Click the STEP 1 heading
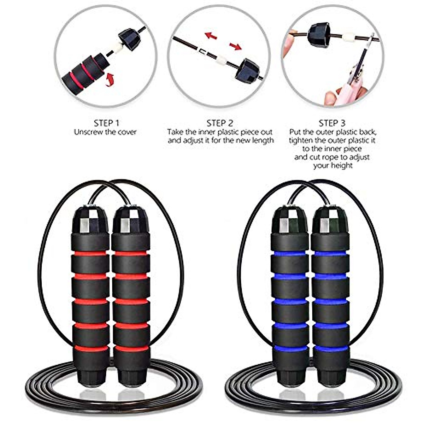click(x=106, y=123)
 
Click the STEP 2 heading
click(x=220, y=123)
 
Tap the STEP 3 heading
click(x=332, y=123)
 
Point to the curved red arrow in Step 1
click(x=110, y=78)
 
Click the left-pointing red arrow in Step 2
click(x=211, y=36)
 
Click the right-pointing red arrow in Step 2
click(x=235, y=46)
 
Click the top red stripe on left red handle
click(x=90, y=253)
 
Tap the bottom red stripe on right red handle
click(x=131, y=349)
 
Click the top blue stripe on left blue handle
click(x=290, y=253)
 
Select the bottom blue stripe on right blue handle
click(x=331, y=349)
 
